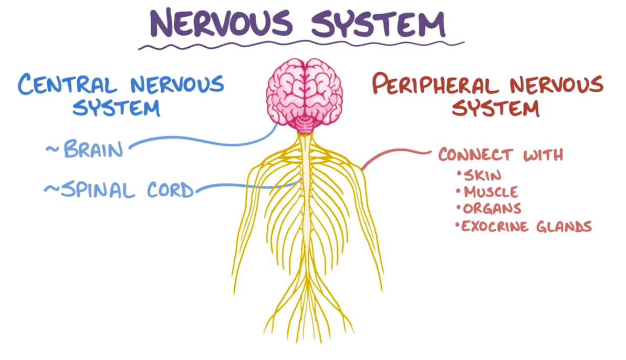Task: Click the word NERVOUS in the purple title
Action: pos(221,23)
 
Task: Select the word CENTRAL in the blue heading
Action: pos(67,84)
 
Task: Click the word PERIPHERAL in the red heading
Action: pos(435,84)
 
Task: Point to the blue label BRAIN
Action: pos(93,149)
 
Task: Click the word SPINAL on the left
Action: pos(98,190)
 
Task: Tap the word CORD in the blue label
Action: pos(171,189)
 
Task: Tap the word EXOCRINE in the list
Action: pos(495,226)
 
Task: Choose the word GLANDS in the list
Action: pos(564,226)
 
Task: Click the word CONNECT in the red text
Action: pos(475,154)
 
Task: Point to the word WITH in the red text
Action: pos(544,154)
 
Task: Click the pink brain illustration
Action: pos(304,96)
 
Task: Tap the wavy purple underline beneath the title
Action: pos(301,45)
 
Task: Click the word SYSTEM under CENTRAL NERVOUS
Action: pos(116,108)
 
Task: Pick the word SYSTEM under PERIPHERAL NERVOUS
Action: pos(495,108)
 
